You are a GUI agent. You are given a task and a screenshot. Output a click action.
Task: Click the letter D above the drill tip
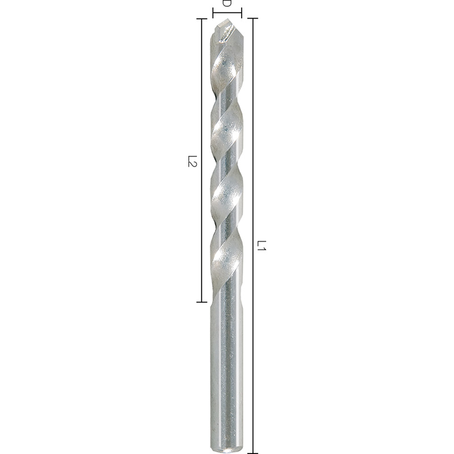(227, 3)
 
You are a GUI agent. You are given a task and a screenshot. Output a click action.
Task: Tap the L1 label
(261, 245)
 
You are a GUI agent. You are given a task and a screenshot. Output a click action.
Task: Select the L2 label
(192, 161)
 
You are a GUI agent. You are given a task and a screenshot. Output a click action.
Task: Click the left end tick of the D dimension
(213, 13)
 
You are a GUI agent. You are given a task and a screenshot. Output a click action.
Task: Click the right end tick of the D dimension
(241, 13)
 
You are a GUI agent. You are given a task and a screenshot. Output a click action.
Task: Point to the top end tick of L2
(201, 19)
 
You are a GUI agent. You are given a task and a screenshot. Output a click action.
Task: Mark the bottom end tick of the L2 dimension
(201, 302)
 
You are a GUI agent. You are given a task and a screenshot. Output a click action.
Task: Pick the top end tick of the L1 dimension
(253, 18)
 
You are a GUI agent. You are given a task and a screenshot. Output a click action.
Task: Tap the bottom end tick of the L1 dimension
(253, 453)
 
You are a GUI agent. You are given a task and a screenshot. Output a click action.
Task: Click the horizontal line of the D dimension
(227, 13)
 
